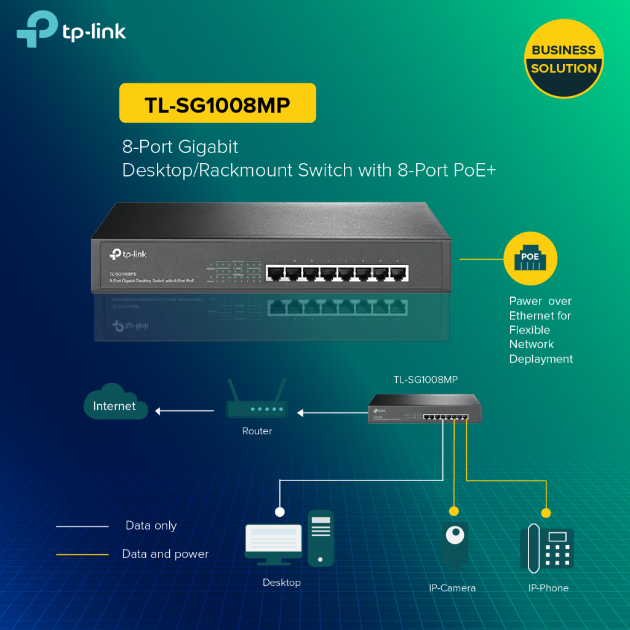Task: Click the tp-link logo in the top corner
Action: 71,30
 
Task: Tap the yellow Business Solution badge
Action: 564,59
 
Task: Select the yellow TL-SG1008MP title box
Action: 217,103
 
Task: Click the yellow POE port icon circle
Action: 530,258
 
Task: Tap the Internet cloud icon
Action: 116,403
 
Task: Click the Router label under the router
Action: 257,431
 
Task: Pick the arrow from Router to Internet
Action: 185,411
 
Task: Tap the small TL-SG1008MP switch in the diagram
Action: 425,409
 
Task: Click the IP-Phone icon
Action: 547,548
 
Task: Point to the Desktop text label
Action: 281,583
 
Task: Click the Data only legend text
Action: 151,526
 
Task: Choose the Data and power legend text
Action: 165,554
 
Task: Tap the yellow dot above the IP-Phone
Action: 545,513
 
